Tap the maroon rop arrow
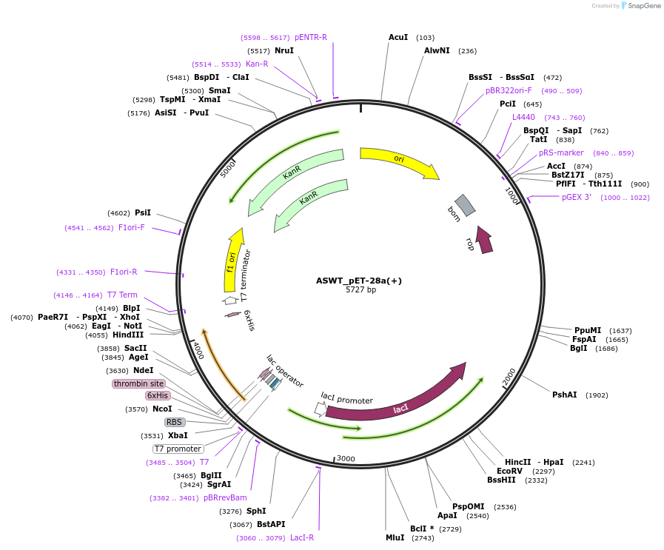pos(484,240)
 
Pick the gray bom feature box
pos(465,205)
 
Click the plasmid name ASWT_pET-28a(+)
pos(359,281)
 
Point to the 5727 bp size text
pos(360,289)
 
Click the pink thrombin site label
pos(138,383)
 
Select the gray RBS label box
pos(174,422)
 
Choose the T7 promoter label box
pos(178,449)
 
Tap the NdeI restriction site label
pos(143,370)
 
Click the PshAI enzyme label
pos(565,395)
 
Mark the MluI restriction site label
pos(395,537)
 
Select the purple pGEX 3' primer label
pos(577,197)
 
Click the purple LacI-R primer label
pos(302,537)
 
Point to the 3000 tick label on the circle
pos(346,458)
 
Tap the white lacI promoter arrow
pos(320,409)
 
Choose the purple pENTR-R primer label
pos(311,37)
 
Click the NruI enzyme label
pos(284,50)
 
